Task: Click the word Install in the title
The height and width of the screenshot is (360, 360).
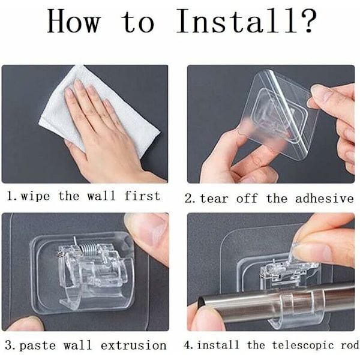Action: (x=237, y=22)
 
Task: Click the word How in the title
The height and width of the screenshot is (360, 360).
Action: (x=73, y=22)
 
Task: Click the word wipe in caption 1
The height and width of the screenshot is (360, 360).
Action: (x=35, y=197)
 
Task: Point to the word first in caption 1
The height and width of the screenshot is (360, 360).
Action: (x=142, y=196)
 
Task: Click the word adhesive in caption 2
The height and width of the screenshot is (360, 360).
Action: (x=325, y=198)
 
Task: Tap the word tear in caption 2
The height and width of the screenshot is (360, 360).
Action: (x=214, y=199)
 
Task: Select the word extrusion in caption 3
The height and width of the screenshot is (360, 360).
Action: (x=134, y=346)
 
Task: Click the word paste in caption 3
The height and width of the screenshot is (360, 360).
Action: (x=38, y=346)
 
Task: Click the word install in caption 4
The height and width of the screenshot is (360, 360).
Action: (x=218, y=345)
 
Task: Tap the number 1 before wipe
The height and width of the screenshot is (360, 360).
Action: (x=10, y=196)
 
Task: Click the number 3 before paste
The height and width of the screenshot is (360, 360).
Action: (x=10, y=346)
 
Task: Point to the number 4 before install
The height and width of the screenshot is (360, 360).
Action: (x=188, y=345)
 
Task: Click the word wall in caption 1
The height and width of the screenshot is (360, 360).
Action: (x=101, y=196)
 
